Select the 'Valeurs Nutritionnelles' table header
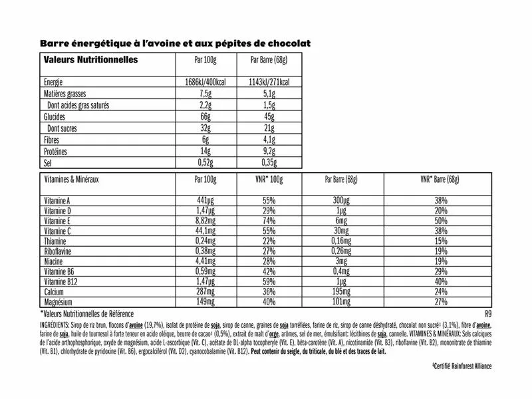[90, 60]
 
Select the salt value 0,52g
[206, 163]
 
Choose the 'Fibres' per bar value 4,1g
[268, 140]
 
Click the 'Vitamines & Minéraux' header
[71, 180]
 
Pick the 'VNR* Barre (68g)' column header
[441, 180]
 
